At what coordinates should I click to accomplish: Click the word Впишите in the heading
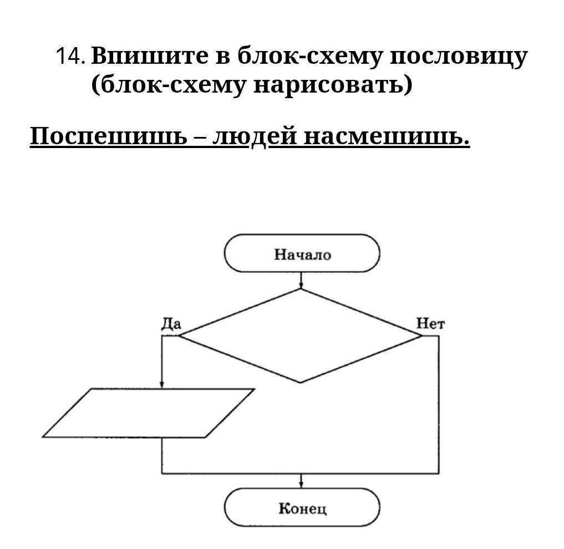[150, 56]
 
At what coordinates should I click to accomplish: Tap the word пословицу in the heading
[459, 58]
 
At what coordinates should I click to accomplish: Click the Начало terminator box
[302, 253]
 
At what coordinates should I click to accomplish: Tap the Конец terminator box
[302, 507]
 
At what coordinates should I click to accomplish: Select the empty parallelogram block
[148, 413]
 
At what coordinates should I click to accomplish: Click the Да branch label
[171, 324]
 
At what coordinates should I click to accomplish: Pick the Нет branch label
[430, 324]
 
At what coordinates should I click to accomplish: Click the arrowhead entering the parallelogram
[162, 385]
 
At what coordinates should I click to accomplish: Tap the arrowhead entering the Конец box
[301, 485]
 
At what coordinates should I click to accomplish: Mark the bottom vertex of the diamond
[301, 383]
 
